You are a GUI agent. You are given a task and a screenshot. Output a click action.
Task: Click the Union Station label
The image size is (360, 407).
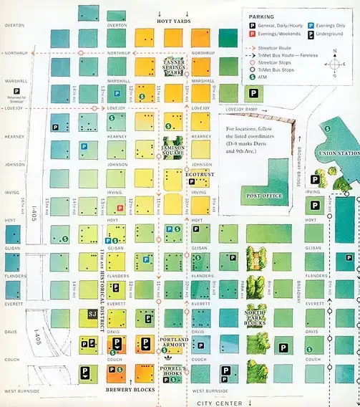click(339, 153)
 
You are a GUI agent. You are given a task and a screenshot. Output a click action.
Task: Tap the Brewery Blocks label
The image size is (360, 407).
click(130, 389)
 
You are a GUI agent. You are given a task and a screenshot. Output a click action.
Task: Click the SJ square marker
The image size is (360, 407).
click(92, 313)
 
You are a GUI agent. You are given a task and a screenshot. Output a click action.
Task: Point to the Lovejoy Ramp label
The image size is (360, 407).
click(241, 110)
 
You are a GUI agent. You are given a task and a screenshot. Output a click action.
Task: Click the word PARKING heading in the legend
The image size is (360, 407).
click(262, 15)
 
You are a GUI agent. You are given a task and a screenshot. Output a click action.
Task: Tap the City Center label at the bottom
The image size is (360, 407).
click(220, 403)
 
